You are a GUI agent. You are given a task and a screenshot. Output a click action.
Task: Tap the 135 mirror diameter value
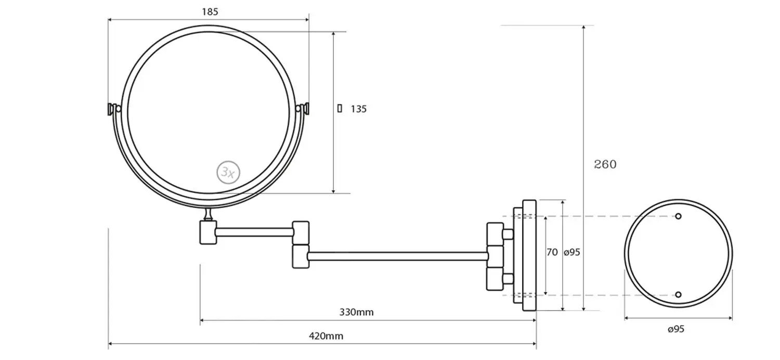pos(358,109)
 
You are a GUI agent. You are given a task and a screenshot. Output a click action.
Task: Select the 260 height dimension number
pos(605,164)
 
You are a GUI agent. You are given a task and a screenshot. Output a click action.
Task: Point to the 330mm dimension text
pos(356,312)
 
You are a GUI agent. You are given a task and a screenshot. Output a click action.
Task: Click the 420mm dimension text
pos(326,336)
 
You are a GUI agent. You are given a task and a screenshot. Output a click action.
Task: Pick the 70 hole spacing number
pos(552,252)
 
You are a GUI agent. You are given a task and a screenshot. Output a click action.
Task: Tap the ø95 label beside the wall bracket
pos(571,252)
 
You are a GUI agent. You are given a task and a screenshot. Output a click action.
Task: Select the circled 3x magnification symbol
pos(228,172)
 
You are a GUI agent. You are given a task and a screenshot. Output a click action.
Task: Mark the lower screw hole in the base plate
pos(678,295)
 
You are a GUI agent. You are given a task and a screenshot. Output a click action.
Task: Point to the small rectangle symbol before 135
pos(340,108)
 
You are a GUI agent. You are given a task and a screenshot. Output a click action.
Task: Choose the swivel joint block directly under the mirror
pos(208,232)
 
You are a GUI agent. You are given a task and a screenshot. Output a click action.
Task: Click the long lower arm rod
pos(398,256)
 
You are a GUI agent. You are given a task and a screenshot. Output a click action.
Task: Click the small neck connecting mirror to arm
pos(208,214)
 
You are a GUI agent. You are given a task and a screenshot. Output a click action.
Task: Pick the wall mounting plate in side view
pos(529,255)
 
